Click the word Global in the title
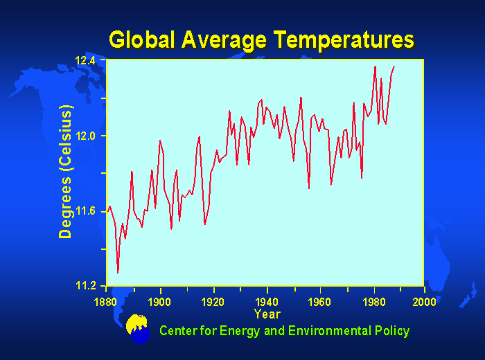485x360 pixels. [x=143, y=39]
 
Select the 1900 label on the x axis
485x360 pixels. [x=159, y=301]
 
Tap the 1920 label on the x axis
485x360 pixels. [x=213, y=301]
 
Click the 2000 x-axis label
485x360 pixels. [x=423, y=301]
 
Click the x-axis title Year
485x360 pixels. [x=267, y=314]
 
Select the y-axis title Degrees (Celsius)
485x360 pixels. [x=66, y=172]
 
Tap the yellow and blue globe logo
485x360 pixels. [x=139, y=330]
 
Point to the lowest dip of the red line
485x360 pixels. [x=118, y=273]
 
